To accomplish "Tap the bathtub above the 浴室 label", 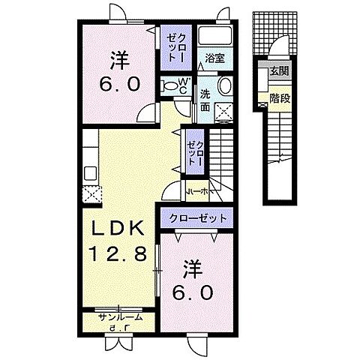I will tap(217, 38).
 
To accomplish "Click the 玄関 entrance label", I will tap(278, 72).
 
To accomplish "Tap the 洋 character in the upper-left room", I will tap(118, 57).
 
